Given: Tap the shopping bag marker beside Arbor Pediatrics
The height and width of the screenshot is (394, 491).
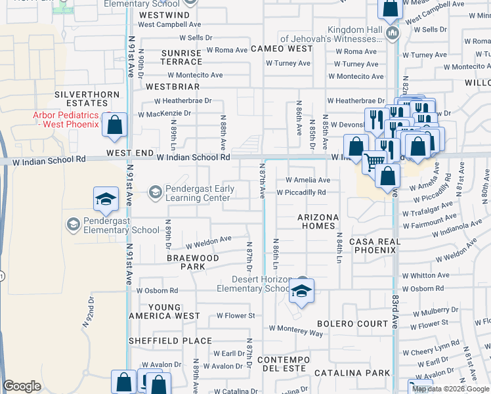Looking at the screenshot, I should click(x=115, y=126).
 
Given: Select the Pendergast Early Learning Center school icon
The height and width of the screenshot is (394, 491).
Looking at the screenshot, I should click(x=155, y=192).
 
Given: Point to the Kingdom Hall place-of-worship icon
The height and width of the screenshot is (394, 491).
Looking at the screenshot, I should click(x=393, y=33).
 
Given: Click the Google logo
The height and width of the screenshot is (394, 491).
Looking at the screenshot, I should click(x=22, y=386).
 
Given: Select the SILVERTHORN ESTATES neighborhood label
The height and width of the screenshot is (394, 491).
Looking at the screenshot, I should click(x=90, y=98).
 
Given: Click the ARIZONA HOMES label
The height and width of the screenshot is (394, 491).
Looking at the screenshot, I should click(x=318, y=221).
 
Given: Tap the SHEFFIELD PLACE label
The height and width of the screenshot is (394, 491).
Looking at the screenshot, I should click(x=170, y=341).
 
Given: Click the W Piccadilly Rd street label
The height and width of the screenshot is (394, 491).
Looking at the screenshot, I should click(x=301, y=193).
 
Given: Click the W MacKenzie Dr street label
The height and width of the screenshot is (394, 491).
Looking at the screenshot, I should click(x=164, y=114).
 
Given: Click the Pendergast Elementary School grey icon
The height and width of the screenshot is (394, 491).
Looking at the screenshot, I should click(x=73, y=225).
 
